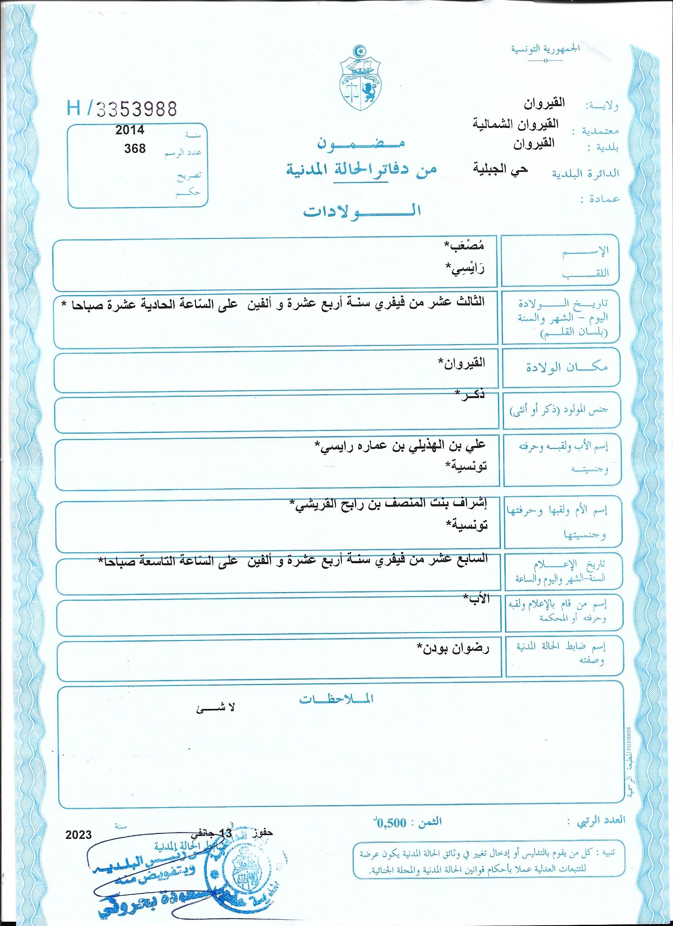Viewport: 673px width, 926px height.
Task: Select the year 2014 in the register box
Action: [130, 130]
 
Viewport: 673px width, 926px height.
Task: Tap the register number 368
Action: [135, 148]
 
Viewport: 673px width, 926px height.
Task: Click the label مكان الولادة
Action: [567, 367]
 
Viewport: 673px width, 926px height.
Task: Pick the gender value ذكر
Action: [470, 394]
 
